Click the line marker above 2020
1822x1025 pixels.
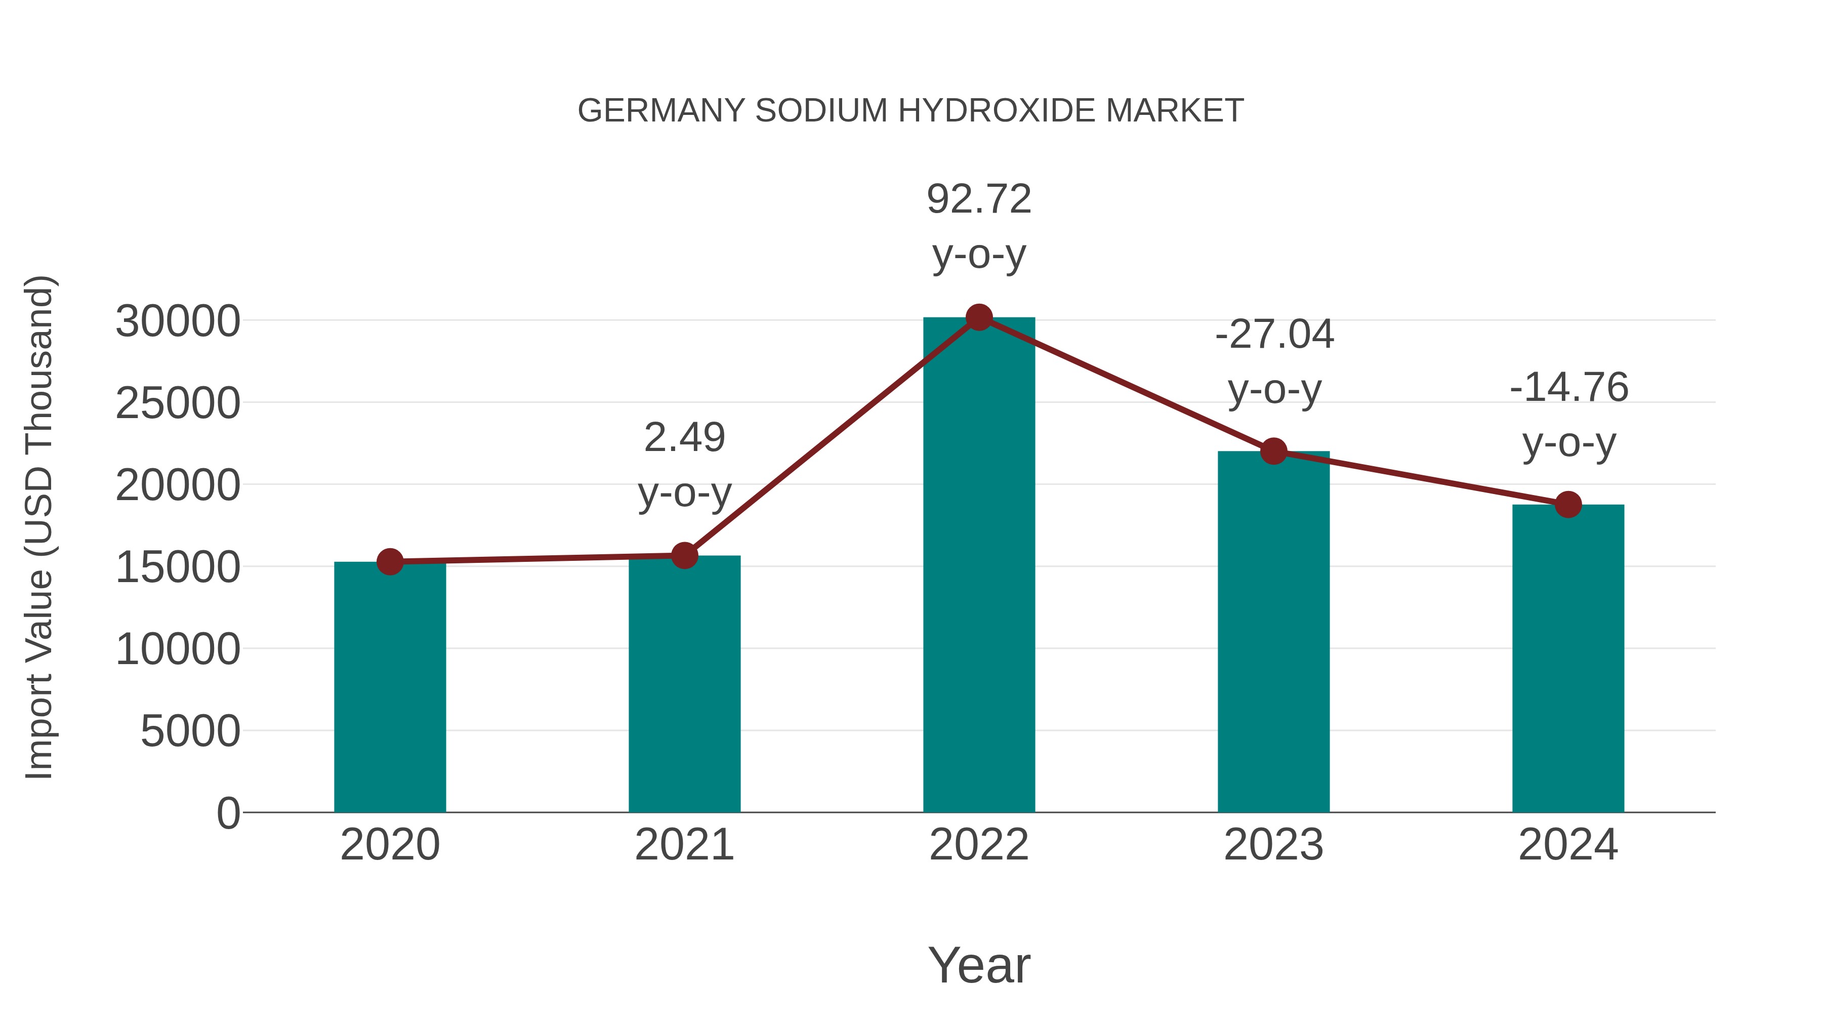[x=390, y=562]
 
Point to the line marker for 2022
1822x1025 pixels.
[x=979, y=317]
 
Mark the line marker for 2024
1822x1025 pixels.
[x=1568, y=504]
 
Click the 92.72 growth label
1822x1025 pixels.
[x=979, y=199]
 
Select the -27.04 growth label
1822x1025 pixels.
[x=1274, y=335]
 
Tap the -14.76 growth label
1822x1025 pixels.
[x=1569, y=388]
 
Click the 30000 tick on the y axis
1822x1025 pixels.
[x=178, y=322]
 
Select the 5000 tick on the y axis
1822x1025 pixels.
[x=190, y=731]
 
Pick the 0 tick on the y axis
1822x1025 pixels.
[x=228, y=813]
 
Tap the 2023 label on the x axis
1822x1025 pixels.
[x=1273, y=845]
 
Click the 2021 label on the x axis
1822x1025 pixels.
[x=684, y=845]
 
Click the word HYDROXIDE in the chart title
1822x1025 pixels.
[x=997, y=111]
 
